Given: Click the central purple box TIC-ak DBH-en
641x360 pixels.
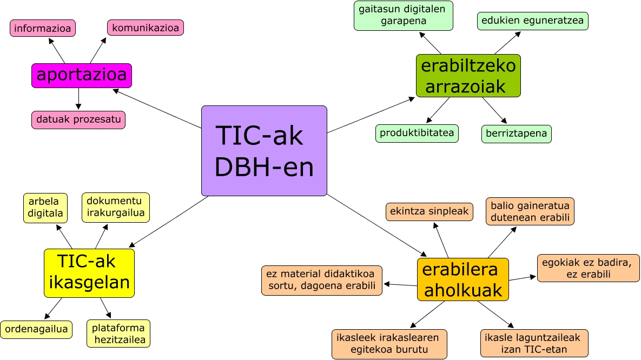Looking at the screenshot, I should (x=264, y=151).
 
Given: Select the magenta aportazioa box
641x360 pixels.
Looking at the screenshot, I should (x=82, y=76).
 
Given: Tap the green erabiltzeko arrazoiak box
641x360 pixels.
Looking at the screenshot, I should (x=468, y=76).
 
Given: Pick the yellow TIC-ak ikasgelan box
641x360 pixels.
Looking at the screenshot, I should (x=89, y=273).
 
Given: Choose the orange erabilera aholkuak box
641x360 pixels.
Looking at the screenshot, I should (x=463, y=279).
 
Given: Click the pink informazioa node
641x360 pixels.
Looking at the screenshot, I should (x=43, y=28).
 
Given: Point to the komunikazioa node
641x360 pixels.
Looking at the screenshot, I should (x=146, y=28).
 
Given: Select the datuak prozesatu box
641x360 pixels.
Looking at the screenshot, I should (x=78, y=120).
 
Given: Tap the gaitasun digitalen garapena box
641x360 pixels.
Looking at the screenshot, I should (x=404, y=16).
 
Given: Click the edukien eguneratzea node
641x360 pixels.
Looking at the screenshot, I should (x=532, y=21).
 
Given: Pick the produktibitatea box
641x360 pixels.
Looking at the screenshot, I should (x=417, y=134).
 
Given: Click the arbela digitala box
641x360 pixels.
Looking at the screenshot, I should (x=46, y=208).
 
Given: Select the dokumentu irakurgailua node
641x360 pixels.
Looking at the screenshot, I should (x=116, y=208).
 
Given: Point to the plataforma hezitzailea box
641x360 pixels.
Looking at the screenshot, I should (x=118, y=334).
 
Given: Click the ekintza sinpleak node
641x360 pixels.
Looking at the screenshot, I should (x=429, y=212).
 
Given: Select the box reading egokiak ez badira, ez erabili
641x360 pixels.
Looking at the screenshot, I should (x=588, y=268).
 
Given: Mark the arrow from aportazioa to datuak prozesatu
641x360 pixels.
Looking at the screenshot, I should (x=79, y=99).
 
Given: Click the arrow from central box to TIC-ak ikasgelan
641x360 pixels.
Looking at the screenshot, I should (x=169, y=222).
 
